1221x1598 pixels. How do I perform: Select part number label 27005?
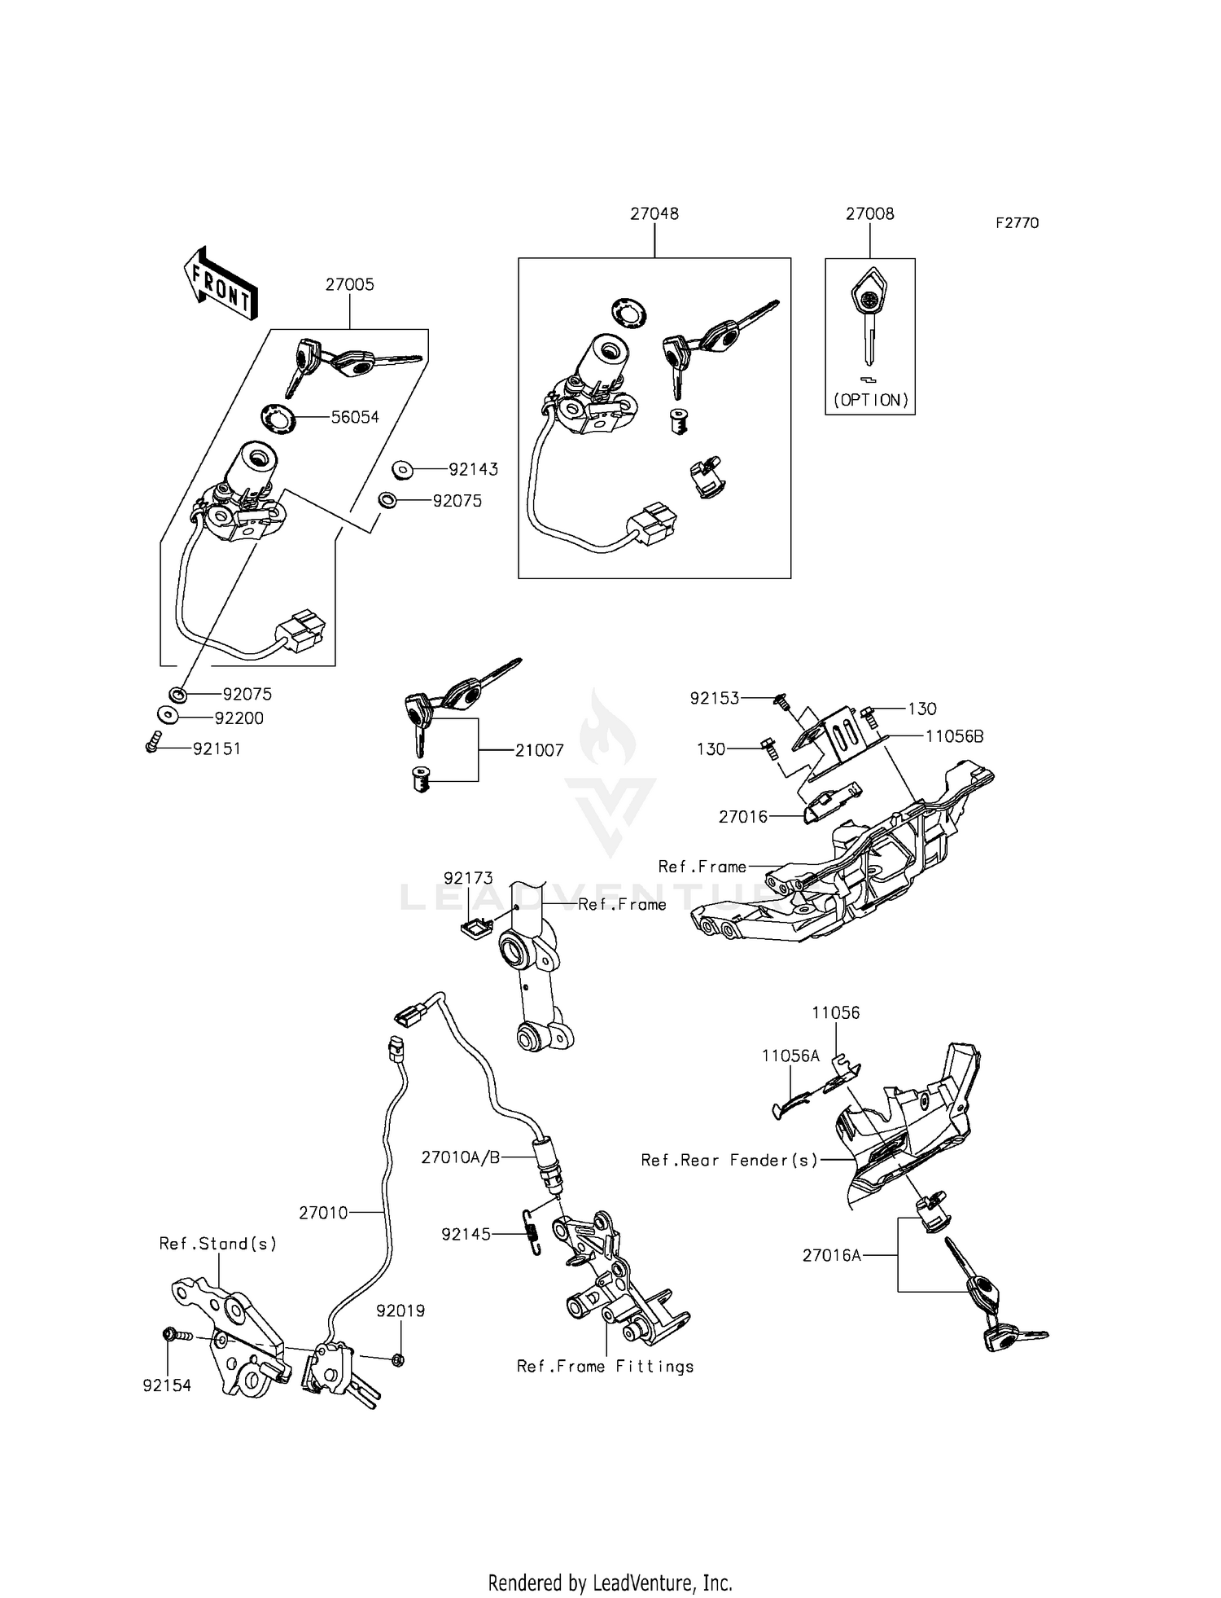click(x=350, y=285)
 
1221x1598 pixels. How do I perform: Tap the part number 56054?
click(x=355, y=417)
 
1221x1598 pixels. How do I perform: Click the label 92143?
click(x=473, y=469)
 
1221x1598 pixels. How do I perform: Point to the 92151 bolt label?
click(x=217, y=749)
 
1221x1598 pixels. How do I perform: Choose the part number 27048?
click(x=654, y=213)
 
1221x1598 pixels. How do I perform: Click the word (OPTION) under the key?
click(x=870, y=400)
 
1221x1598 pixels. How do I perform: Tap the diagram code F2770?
click(x=1017, y=223)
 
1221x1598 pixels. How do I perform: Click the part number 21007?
click(x=539, y=751)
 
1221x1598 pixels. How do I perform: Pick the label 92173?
click(x=468, y=878)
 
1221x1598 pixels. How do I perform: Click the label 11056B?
click(x=954, y=736)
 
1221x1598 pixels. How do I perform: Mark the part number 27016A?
click(x=831, y=1255)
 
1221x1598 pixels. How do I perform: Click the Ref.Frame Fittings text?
click(x=605, y=1366)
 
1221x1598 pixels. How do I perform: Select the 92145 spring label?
click(x=466, y=1234)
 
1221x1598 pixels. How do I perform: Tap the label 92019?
click(x=400, y=1310)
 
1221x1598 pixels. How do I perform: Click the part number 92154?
click(x=167, y=1385)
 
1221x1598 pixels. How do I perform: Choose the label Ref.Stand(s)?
click(x=217, y=1243)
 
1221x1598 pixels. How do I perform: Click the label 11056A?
click(x=790, y=1056)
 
